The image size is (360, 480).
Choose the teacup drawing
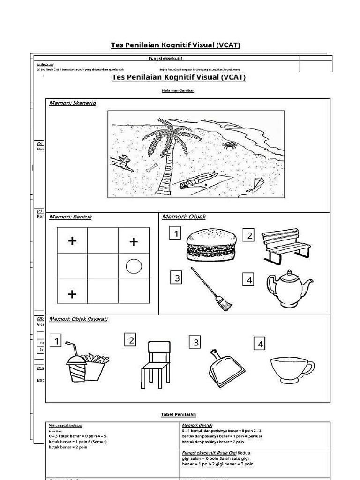click(292, 368)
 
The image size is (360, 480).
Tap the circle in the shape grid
click(134, 267)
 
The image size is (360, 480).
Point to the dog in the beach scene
click(122, 163)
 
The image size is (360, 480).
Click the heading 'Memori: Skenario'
click(73, 103)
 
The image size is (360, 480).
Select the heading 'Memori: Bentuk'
click(70, 217)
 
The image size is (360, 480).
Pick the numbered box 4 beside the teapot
click(249, 280)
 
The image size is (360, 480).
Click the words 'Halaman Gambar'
click(179, 90)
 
